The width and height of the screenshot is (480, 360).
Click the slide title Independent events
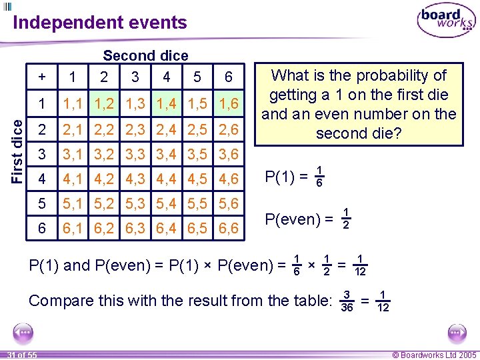(100, 23)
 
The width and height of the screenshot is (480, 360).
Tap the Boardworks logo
(445, 21)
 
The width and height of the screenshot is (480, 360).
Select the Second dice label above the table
(145, 56)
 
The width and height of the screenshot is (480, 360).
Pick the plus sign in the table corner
(42, 77)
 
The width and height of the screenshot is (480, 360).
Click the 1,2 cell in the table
(103, 104)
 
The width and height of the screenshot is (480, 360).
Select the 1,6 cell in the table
(228, 104)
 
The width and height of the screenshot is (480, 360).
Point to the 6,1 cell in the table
(73, 229)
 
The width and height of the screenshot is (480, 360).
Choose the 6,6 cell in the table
(228, 229)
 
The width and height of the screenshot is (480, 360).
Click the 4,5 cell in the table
(197, 179)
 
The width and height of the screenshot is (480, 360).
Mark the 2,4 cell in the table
(166, 129)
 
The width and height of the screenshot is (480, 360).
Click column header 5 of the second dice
(197, 77)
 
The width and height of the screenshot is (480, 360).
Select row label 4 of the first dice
(42, 179)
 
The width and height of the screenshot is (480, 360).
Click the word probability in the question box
(405, 75)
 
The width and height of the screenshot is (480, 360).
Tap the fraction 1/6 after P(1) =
(320, 176)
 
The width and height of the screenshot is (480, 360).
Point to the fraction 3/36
(347, 301)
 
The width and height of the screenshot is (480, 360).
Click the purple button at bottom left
(23, 332)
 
